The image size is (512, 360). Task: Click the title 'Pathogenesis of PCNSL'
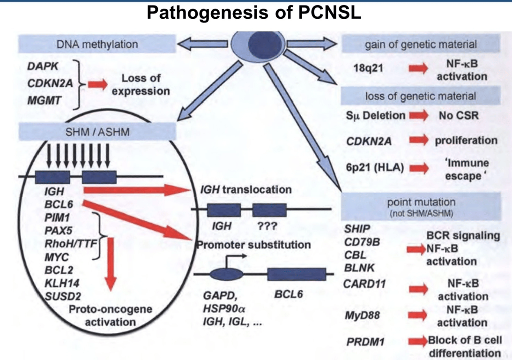pos(254,12)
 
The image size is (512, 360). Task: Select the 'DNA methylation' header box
pos(97,45)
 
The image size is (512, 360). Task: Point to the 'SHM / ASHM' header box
pos(97,133)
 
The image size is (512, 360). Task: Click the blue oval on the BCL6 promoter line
pos(224,275)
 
